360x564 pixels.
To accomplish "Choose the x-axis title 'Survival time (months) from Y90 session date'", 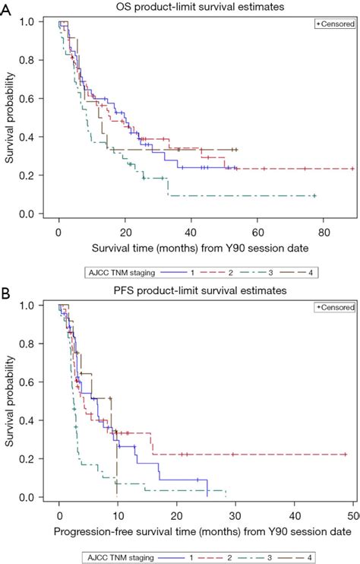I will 191,248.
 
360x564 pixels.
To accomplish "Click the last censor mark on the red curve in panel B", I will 345,455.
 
